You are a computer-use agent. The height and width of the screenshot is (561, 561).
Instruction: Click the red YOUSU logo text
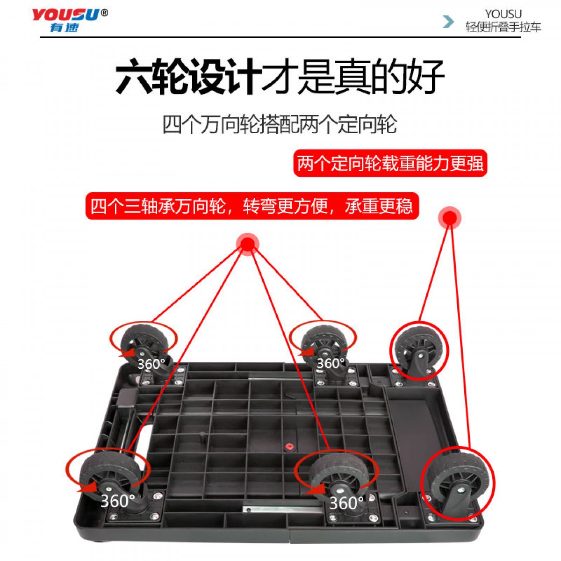(65, 14)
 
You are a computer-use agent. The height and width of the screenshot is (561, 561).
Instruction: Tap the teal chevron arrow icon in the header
(448, 22)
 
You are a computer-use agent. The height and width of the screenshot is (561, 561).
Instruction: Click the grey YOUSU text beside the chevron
(503, 14)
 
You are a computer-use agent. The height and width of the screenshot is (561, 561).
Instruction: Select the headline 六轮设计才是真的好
(280, 76)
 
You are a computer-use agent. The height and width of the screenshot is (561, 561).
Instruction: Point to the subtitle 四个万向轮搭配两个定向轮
(280, 124)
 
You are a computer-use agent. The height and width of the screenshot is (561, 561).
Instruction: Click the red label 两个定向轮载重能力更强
(390, 163)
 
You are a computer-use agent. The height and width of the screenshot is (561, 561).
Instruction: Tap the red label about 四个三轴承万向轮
(252, 206)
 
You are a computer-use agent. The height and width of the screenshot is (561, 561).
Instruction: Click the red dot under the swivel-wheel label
(247, 244)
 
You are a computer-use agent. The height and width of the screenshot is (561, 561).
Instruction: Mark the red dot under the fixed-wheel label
(450, 217)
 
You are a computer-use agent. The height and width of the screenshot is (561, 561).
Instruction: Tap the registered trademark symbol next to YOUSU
(104, 13)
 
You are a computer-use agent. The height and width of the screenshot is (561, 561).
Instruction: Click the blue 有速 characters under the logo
(65, 28)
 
